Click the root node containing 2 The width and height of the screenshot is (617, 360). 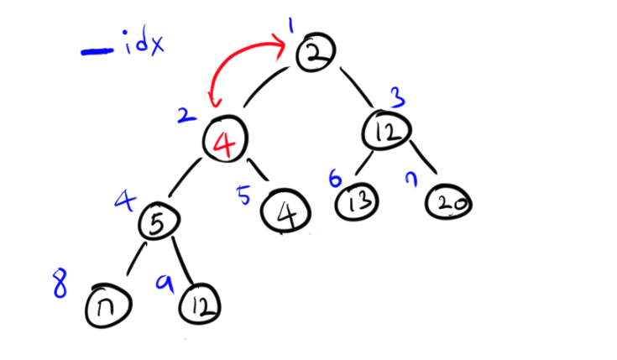click(313, 52)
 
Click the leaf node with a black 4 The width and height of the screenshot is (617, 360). click(286, 209)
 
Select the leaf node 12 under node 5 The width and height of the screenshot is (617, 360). click(200, 304)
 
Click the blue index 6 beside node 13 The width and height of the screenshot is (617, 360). click(334, 179)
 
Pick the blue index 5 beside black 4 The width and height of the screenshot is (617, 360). click(244, 197)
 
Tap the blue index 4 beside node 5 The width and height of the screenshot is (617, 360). click(125, 201)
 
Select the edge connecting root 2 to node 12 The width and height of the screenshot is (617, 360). click(356, 86)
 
